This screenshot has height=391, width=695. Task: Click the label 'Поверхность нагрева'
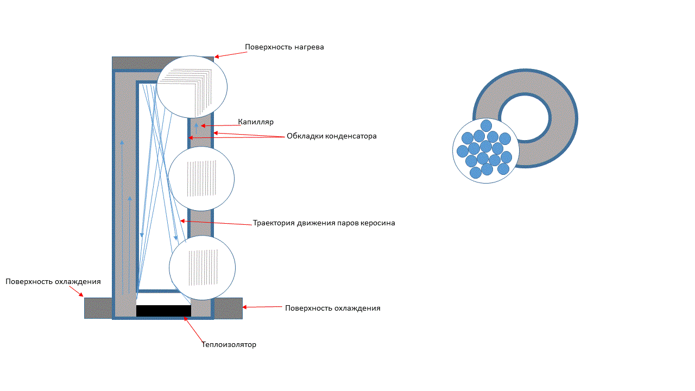click(284, 47)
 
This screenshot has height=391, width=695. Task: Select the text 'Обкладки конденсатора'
click(331, 136)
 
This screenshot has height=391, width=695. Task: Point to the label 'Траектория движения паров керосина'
click(324, 223)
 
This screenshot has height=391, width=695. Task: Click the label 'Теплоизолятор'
click(229, 344)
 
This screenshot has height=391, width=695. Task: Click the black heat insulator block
click(163, 311)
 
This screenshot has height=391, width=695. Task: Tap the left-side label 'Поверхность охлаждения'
click(53, 281)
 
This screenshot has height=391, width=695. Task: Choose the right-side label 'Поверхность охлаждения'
click(332, 308)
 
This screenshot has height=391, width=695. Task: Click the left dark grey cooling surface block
click(98, 308)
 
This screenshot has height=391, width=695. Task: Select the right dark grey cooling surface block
click(228, 308)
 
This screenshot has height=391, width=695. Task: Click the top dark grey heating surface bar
click(136, 64)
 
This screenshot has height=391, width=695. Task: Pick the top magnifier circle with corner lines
click(192, 87)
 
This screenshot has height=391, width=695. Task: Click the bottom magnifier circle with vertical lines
click(202, 267)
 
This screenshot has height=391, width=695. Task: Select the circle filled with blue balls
click(485, 151)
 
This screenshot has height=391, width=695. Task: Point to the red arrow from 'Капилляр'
click(220, 125)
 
